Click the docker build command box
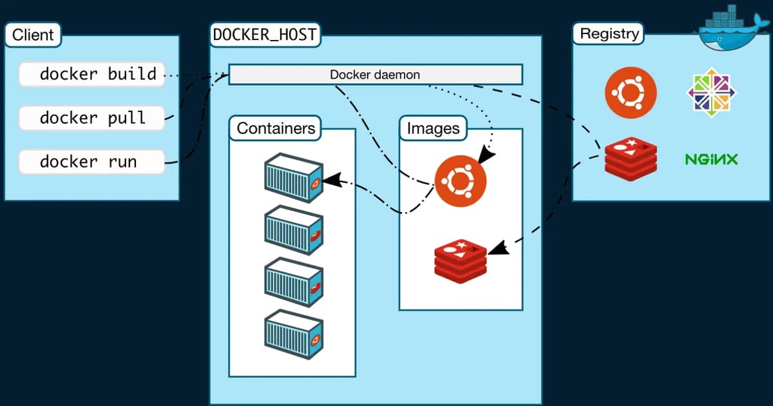91,74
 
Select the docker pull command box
91,118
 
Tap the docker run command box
91,161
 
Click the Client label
32,35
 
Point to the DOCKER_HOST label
265,35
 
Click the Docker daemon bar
375,75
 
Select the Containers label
276,128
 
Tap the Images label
433,128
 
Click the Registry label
609,34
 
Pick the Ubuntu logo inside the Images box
460,180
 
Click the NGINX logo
711,159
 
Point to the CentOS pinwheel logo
711,93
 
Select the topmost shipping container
293,178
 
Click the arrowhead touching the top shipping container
330,180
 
